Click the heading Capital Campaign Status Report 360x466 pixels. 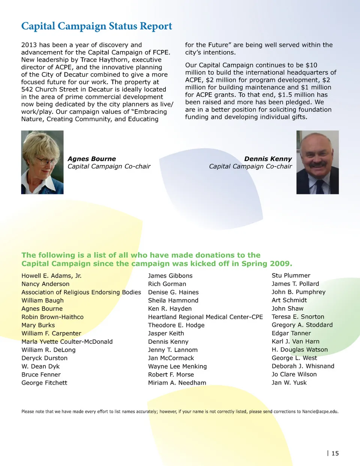tap(96, 26)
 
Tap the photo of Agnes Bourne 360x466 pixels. tap(42, 162)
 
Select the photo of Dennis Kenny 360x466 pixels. tap(317, 162)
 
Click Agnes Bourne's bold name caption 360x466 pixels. tap(91, 159)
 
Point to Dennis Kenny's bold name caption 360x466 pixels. tap(268, 159)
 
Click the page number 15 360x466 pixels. tap(335, 453)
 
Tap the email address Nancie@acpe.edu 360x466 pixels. tap(320, 412)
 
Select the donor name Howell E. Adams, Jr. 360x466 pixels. tap(51, 276)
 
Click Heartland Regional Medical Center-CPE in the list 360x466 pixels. tap(205, 317)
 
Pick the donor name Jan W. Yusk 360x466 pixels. tap(289, 383)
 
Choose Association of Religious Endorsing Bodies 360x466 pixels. tap(81, 292)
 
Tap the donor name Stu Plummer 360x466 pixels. tap(291, 275)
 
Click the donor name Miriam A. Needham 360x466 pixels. tap(177, 383)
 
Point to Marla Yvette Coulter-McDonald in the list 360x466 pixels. tap(67, 342)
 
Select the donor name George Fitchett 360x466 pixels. tap(44, 383)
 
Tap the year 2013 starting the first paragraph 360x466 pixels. tap(29, 45)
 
